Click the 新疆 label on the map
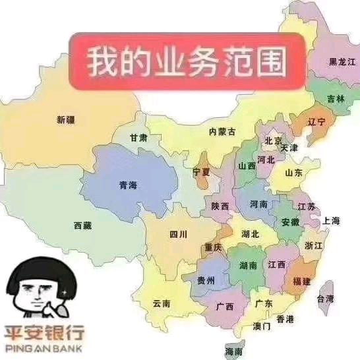(65, 119)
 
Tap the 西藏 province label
(82, 225)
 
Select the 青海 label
(128, 185)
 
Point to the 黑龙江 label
(342, 61)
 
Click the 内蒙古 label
(222, 132)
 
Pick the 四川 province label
(178, 234)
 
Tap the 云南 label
(162, 303)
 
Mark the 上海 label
(331, 221)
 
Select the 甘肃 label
(138, 138)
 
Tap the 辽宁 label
(317, 122)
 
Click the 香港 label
(285, 319)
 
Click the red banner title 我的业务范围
(188, 61)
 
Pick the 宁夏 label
(201, 171)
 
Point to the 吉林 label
(336, 99)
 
